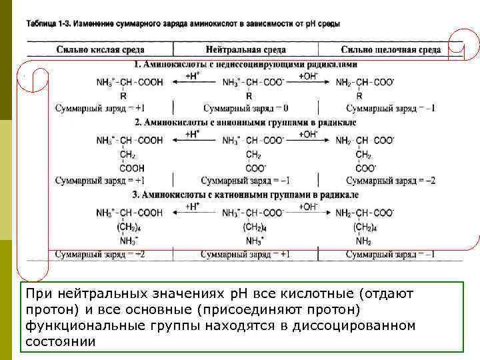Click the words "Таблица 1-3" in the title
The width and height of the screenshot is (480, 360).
click(x=48, y=23)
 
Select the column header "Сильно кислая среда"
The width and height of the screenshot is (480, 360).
click(x=100, y=50)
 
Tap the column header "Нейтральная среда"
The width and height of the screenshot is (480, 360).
click(x=246, y=50)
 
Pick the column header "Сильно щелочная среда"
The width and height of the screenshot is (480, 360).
click(x=391, y=50)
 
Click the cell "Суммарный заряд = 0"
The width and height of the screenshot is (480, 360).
click(x=245, y=108)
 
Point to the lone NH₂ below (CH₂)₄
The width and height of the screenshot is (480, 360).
click(x=363, y=241)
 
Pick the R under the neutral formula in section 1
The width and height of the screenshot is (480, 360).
click(x=249, y=95)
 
